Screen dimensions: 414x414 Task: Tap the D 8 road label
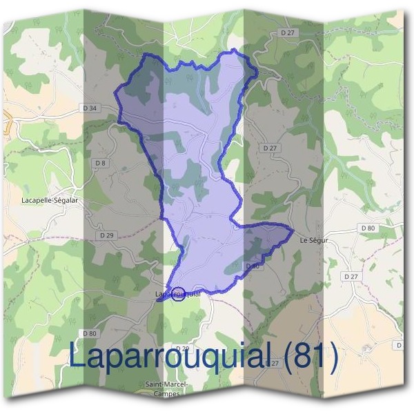click(x=101, y=162)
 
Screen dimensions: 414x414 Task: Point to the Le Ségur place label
click(x=314, y=241)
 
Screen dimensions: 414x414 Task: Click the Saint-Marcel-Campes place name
click(x=163, y=388)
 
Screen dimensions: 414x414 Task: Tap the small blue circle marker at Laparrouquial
click(x=178, y=294)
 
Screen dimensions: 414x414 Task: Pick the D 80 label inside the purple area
click(x=252, y=266)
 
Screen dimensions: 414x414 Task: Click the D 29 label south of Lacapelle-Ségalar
click(x=106, y=235)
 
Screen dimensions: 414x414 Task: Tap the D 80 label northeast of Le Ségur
click(x=368, y=228)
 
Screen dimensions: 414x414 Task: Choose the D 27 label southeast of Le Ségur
click(x=351, y=276)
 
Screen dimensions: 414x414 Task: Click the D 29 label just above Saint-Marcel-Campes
click(x=181, y=348)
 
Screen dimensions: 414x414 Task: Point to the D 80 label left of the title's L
click(x=88, y=333)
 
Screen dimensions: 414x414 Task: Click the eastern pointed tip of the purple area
click(x=293, y=228)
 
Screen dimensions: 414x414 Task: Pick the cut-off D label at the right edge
click(x=400, y=344)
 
